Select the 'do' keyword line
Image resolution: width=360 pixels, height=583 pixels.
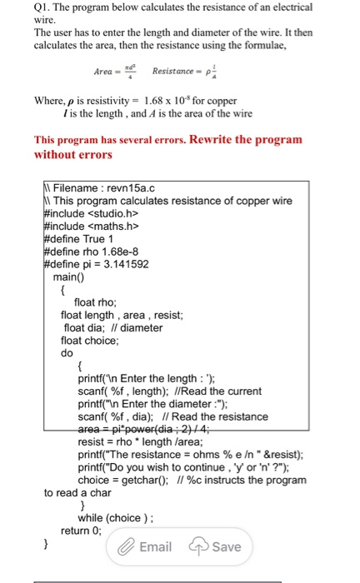tap(67, 352)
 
